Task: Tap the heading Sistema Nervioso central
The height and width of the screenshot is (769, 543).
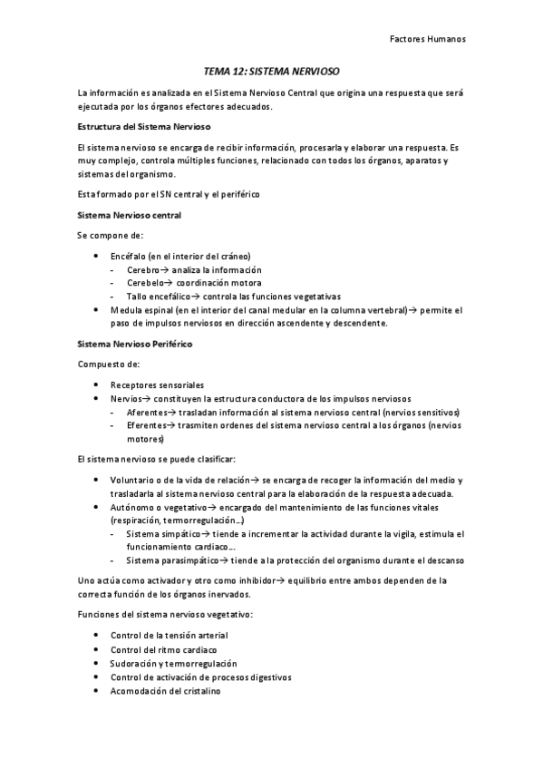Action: [130, 215]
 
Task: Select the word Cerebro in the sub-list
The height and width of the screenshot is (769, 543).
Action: [142, 269]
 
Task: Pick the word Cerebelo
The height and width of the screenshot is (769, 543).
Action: [144, 283]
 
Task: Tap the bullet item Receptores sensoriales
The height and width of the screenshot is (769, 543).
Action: [157, 384]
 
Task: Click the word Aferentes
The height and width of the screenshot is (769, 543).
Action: [146, 412]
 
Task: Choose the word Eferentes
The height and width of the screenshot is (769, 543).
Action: [145, 424]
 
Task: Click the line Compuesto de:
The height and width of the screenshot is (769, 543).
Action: [108, 364]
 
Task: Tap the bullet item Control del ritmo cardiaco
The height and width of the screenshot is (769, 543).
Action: [163, 649]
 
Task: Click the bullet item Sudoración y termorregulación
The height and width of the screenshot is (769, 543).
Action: [173, 663]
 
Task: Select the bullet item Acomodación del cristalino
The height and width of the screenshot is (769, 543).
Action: [165, 690]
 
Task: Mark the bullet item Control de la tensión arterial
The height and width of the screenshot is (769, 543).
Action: [169, 636]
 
